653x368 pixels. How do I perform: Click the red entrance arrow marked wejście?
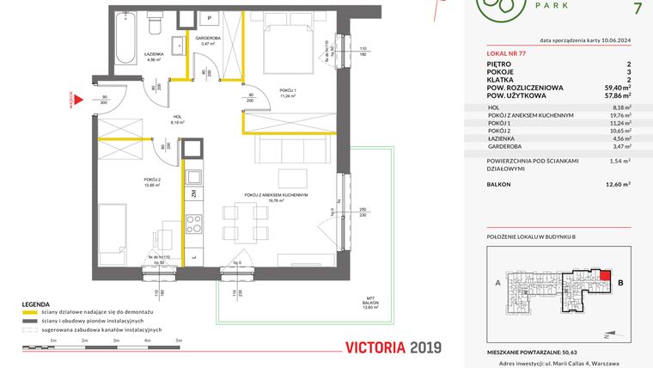tap(77, 101)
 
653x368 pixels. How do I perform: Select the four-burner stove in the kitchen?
tap(194, 224)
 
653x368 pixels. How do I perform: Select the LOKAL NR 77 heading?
tap(508, 53)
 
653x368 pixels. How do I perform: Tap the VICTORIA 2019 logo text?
tap(392, 347)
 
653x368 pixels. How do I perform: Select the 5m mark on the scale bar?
tap(178, 341)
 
